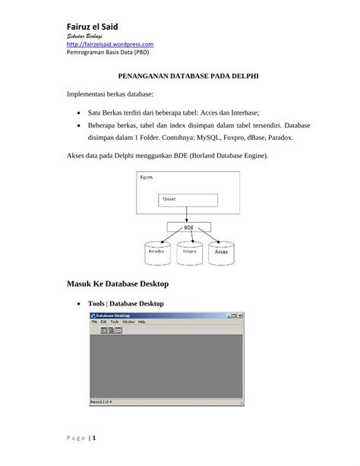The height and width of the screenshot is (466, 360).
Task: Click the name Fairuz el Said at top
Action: pyautogui.click(x=96, y=27)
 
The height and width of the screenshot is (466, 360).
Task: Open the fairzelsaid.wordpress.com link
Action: pyautogui.click(x=110, y=45)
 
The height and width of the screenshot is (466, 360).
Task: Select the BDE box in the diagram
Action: pyautogui.click(x=188, y=227)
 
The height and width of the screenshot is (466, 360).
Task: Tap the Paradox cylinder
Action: pyautogui.click(x=157, y=251)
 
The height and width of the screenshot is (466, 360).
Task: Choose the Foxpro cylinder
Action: pyautogui.click(x=190, y=251)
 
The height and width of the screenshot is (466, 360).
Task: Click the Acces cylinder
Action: pyautogui.click(x=222, y=251)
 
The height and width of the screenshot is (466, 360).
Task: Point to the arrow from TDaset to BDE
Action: pyautogui.click(x=188, y=214)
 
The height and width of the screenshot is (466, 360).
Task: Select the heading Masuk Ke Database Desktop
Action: pyautogui.click(x=117, y=284)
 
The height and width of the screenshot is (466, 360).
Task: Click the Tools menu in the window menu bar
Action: pyautogui.click(x=114, y=322)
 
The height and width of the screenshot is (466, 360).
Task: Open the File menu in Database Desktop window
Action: pyautogui.click(x=94, y=322)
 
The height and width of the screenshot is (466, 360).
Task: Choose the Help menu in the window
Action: pyautogui.click(x=141, y=322)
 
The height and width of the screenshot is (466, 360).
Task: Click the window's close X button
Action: pyautogui.click(x=240, y=315)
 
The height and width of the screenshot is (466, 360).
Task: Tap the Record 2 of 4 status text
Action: pyautogui.click(x=103, y=401)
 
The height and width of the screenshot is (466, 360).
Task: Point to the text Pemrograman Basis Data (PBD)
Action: pyautogui.click(x=106, y=53)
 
